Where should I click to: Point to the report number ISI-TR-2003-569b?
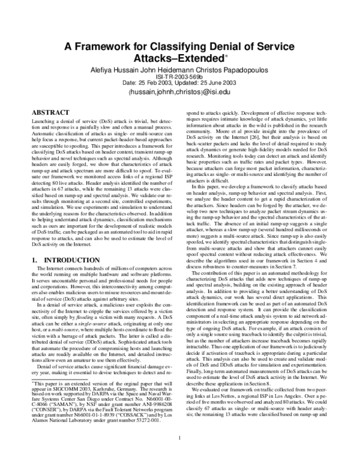(180, 76)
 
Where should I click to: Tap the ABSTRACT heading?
(50, 112)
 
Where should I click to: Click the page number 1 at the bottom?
(180, 454)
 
